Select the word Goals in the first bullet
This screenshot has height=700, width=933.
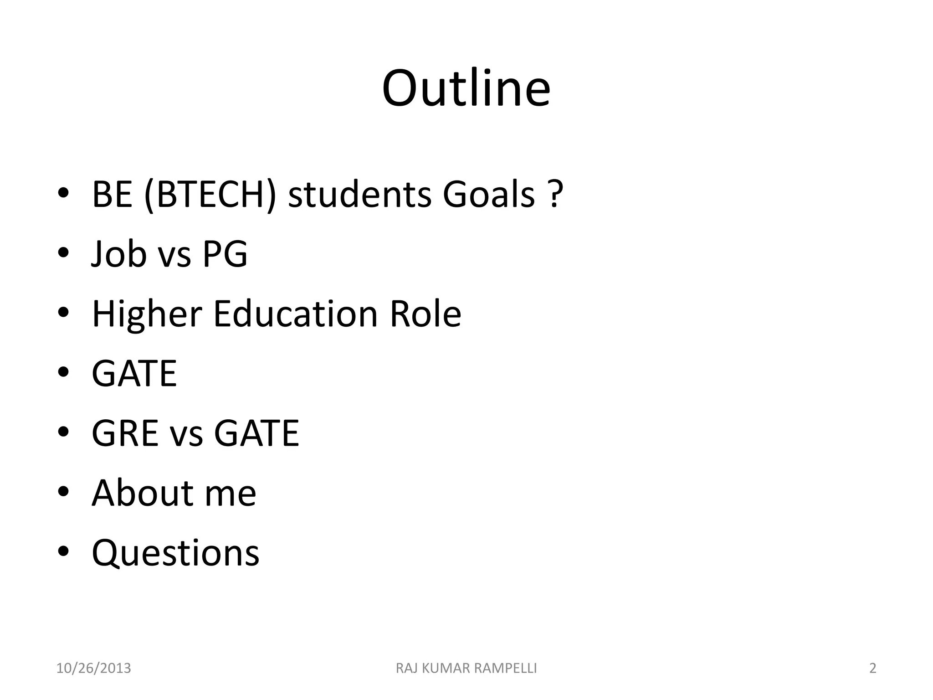(488, 194)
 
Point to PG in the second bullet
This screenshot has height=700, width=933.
(225, 254)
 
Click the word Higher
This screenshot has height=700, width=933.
(147, 314)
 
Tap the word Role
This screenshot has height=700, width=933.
(425, 314)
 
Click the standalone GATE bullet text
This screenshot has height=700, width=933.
(134, 374)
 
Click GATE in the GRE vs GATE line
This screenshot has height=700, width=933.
(256, 433)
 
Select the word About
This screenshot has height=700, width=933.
(142, 493)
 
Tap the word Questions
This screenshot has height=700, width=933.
(175, 553)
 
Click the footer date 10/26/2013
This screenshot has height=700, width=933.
(93, 669)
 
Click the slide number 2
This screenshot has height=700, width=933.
(872, 669)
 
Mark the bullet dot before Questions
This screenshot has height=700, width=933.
(63, 551)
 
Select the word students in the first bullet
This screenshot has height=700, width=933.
(359, 194)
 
